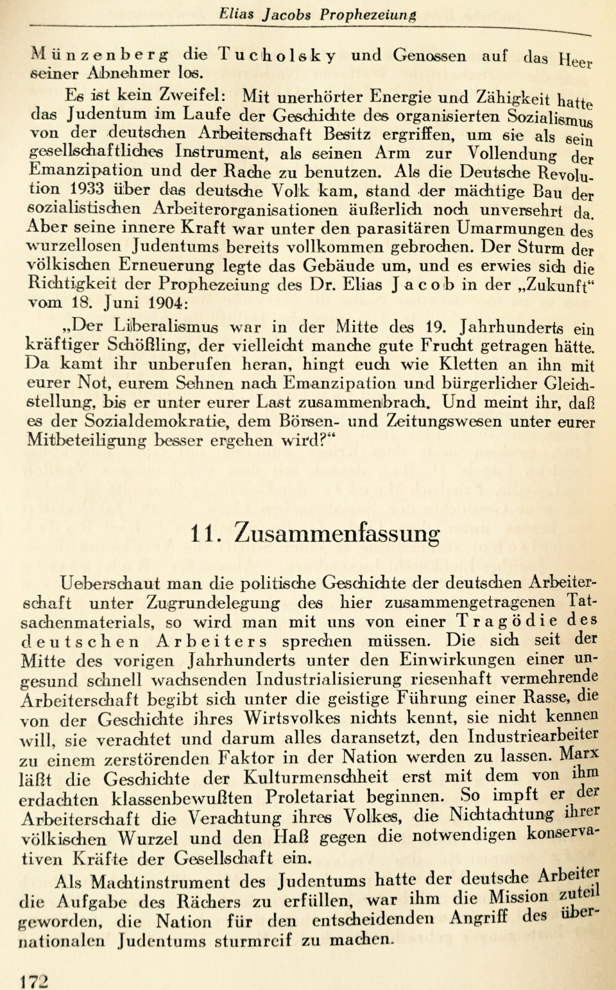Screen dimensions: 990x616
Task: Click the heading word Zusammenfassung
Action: pos(337,532)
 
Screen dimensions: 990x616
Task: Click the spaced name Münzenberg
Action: pos(99,56)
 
